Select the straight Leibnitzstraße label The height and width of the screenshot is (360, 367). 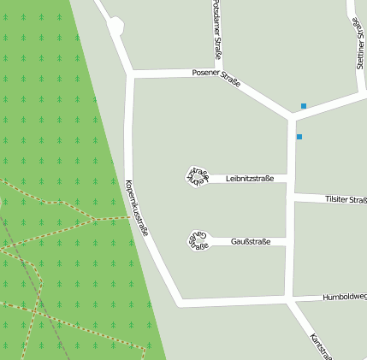[x=250, y=179]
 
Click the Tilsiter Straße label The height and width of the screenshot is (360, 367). [x=346, y=199]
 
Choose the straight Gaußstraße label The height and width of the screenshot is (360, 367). [x=251, y=241]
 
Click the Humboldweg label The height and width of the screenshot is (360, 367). [x=344, y=297]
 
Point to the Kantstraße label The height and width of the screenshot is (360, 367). [x=321, y=345]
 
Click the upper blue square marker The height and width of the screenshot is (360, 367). [x=303, y=106]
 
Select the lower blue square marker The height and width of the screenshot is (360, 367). [x=299, y=137]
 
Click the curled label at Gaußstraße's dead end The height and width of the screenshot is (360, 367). [x=198, y=240]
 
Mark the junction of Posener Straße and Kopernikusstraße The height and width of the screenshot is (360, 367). [x=130, y=74]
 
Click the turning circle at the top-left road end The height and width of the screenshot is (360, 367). [x=115, y=28]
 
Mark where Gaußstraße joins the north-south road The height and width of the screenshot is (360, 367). [x=287, y=242]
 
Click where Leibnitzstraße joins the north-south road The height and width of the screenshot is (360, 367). [x=288, y=179]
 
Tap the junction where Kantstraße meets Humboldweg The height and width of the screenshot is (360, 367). [x=289, y=300]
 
